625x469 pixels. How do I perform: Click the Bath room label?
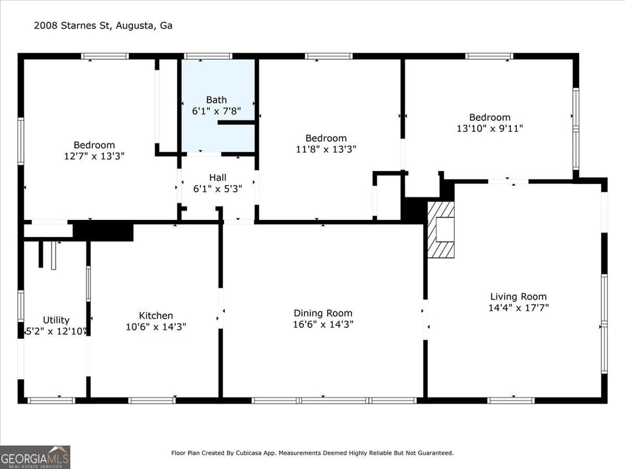pos(217,100)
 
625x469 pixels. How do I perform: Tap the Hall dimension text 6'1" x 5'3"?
pos(218,189)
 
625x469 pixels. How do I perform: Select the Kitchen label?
pos(156,316)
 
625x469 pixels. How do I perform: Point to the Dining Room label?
pos(323,313)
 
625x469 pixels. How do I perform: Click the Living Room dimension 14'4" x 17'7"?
pos(519,308)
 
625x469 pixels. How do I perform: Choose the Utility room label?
pos(56,320)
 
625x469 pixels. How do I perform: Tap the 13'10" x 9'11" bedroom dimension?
pos(490,128)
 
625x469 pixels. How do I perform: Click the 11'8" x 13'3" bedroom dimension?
pos(326,149)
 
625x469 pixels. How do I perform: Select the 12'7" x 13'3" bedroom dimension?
pos(95,156)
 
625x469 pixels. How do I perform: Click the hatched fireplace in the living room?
pos(441,230)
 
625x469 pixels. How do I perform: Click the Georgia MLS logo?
pos(35,457)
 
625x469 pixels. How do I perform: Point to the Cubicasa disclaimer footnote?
pos(312,453)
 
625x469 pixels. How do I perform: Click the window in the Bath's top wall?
pos(208,56)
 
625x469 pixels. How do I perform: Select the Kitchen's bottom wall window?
pos(151,401)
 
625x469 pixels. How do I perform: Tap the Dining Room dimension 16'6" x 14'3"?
pos(323,324)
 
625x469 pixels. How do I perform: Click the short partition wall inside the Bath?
pos(236,122)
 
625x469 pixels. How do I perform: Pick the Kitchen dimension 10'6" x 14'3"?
pos(156,327)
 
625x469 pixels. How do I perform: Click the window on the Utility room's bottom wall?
pos(51,401)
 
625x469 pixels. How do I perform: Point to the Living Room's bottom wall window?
pos(511,401)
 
